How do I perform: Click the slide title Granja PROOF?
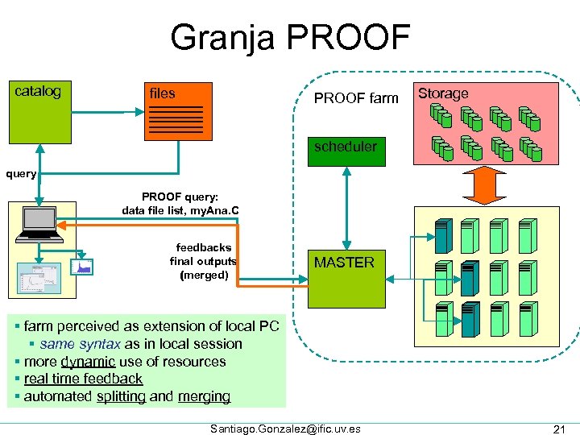(x=290, y=37)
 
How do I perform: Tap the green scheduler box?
(x=345, y=147)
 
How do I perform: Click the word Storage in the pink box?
(x=443, y=93)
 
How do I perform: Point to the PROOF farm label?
(x=356, y=98)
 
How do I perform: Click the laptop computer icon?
(x=40, y=225)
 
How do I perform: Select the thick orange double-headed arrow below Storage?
(x=481, y=184)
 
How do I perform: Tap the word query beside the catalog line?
(x=21, y=173)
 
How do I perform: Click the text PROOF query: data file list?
(x=180, y=204)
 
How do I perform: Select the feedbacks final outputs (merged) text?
(x=203, y=261)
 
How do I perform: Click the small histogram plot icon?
(x=82, y=265)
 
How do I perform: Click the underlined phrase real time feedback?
(x=83, y=379)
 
